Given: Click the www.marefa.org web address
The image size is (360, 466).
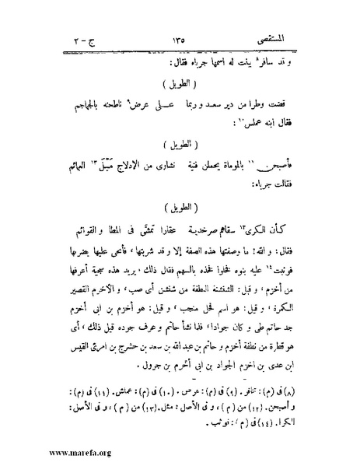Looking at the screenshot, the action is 55,453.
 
